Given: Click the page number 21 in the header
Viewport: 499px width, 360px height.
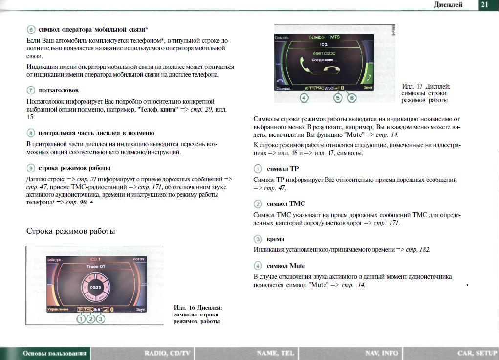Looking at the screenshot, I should pos(484,5).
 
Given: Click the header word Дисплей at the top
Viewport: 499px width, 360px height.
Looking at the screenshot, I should pos(448,5).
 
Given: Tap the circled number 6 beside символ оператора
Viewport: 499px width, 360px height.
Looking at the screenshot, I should pos(31,29).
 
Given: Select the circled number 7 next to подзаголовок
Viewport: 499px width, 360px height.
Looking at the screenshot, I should pos(31,90).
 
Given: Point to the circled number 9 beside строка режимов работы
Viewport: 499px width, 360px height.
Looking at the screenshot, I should pos(31,168).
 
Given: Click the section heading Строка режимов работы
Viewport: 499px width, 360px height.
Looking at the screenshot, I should pos(70,231).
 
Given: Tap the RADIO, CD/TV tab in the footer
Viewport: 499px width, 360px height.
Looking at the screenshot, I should pos(168,353).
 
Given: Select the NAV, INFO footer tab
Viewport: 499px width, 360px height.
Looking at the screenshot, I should pos(381,353).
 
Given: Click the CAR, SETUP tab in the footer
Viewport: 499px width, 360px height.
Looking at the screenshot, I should pos(477,353).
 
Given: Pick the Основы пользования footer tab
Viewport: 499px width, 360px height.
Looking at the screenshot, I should pos(55,353).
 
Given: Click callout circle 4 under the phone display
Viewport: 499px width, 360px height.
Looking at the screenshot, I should pos(304,98).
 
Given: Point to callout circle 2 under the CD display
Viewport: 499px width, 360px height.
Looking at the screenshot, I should pos(91,319).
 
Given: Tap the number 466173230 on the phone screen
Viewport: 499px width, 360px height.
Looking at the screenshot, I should pos(324,52).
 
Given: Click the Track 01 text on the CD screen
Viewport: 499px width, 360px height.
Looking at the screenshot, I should pos(96,266).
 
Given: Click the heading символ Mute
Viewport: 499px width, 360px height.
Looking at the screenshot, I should pos(286,266).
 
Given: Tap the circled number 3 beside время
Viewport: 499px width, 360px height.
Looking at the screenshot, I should pos(258,239).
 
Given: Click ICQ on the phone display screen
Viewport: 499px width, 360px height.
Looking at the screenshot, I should pos(324,45).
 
